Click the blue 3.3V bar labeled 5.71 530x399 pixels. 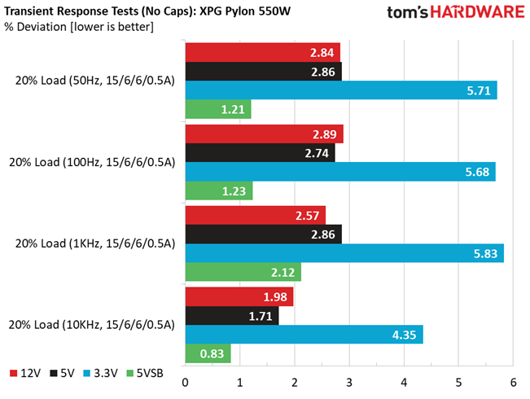tap(341, 90)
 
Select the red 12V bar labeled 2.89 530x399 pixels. tap(265, 134)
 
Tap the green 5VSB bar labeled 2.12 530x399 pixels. tap(243, 272)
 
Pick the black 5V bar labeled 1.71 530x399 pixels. tap(232, 316)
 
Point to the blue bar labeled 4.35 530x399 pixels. tap(304, 335)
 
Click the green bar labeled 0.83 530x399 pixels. tap(208, 353)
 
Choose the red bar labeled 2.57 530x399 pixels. tap(256, 215)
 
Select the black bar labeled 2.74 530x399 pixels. tap(261, 153)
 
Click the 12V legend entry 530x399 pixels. tap(25, 373)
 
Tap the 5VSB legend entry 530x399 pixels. tap(145, 373)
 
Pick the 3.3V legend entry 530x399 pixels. tap(100, 373)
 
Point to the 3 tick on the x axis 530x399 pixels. tap(349, 383)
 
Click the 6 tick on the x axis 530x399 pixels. tap(514, 383)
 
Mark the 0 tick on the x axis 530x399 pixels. tap(186, 383)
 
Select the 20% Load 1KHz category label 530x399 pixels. tap(95, 243)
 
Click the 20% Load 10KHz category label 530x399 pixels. tap(92, 325)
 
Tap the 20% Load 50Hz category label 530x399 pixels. tap(95, 81)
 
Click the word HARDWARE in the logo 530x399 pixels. tap(477, 12)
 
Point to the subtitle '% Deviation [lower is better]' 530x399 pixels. tap(79, 27)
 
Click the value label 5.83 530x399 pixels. tap(485, 253)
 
